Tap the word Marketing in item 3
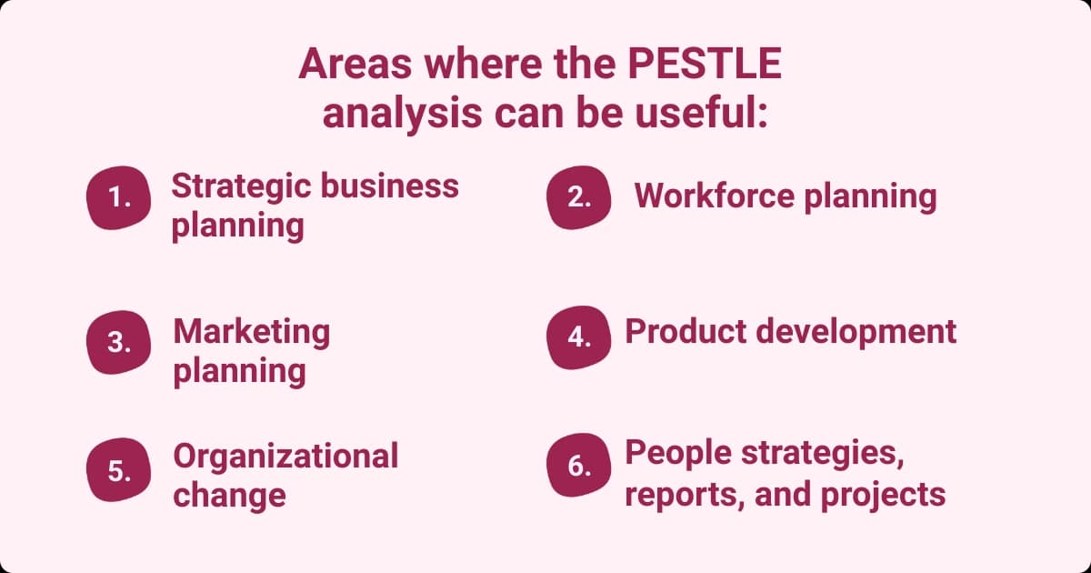[x=252, y=332]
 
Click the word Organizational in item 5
[x=285, y=456]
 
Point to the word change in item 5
[x=229, y=496]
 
